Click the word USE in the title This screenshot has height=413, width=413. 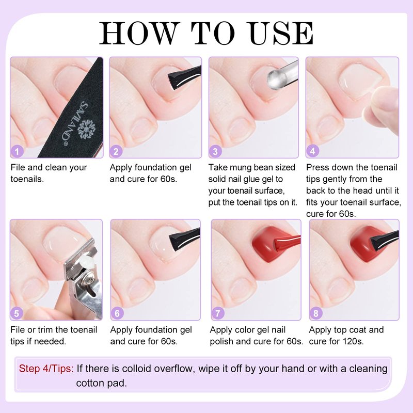coord(281,33)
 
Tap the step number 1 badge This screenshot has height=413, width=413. coord(17,151)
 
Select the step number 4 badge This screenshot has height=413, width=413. coord(313,151)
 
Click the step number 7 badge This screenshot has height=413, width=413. coord(218,313)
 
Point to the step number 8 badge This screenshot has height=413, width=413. coord(316,313)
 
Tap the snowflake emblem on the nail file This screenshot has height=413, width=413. coord(86,129)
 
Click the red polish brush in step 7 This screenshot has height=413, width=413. coord(288,242)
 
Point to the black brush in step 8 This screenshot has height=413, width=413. coord(385,240)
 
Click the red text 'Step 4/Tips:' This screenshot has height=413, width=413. coord(46,369)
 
